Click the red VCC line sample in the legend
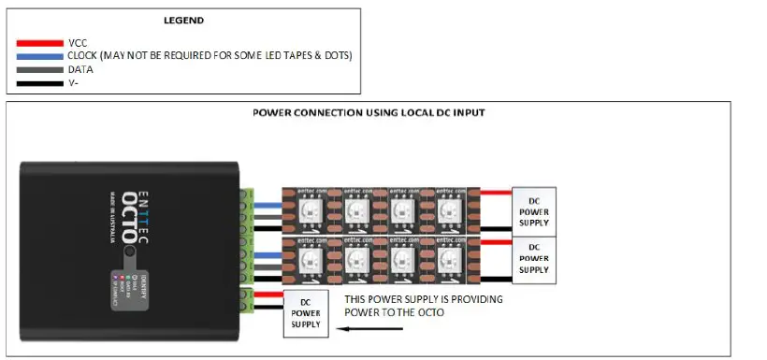click(40, 43)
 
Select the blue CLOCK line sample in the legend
click(40, 56)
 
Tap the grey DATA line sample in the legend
click(40, 69)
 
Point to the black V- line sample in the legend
click(40, 82)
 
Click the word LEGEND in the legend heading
click(184, 21)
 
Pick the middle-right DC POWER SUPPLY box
click(533, 257)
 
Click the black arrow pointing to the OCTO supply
click(360, 329)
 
